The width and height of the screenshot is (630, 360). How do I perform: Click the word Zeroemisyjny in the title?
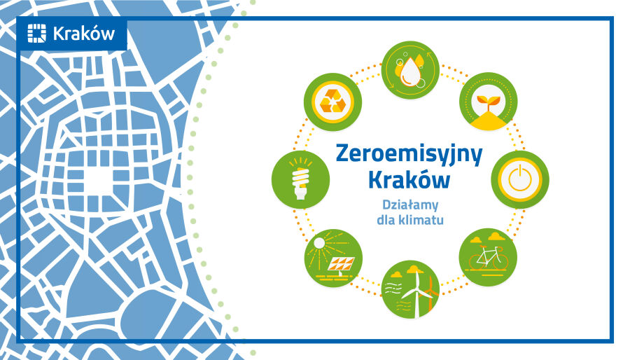(409, 155)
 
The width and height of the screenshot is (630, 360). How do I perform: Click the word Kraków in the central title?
(409, 180)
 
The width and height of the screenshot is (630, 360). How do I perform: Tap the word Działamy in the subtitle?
(410, 205)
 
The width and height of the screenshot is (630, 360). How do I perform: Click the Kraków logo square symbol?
(37, 33)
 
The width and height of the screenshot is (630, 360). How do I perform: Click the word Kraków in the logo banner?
(84, 34)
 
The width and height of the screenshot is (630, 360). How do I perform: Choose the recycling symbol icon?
(332, 102)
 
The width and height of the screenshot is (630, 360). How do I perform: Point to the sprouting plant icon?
(488, 102)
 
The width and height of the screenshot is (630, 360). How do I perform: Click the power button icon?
(520, 179)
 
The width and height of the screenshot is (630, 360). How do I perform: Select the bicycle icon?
(488, 257)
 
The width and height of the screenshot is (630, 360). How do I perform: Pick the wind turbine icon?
(410, 289)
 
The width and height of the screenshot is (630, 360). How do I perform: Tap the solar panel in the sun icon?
(341, 264)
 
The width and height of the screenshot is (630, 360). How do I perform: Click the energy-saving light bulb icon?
(300, 179)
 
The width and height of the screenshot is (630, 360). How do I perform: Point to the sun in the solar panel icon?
(319, 243)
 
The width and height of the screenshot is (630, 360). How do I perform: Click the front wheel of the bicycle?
(500, 261)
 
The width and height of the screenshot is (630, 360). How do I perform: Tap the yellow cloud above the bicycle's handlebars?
(497, 236)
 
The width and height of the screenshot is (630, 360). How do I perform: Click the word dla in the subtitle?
(386, 220)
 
